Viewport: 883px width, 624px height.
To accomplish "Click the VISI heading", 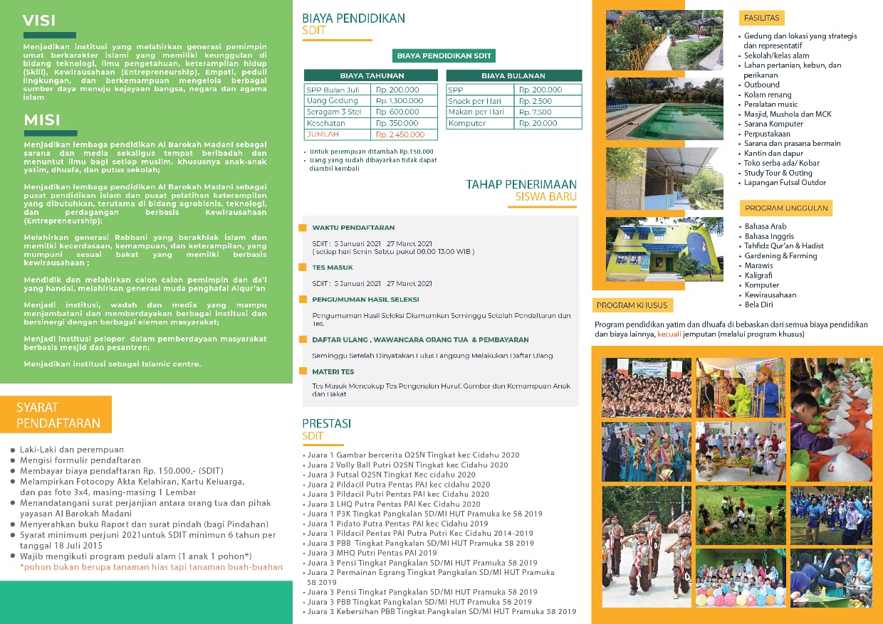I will tap(39, 20).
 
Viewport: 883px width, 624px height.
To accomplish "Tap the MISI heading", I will tap(42, 120).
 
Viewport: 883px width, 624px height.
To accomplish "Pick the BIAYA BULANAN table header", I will tap(513, 75).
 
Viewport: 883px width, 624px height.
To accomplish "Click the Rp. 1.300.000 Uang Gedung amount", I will tap(399, 101).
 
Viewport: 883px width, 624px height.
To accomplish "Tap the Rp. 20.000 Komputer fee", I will tap(540, 123).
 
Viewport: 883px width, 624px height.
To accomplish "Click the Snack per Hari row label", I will tap(475, 101).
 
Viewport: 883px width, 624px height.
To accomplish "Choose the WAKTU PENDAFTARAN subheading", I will tap(353, 228).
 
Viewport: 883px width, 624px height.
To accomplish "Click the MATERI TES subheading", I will tap(333, 371).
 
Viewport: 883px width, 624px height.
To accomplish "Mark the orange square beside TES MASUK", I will tap(303, 268).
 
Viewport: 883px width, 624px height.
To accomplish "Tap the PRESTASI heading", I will tap(326, 423).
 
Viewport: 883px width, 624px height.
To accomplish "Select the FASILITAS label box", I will tap(761, 18).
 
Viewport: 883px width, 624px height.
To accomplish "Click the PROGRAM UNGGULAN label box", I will tap(785, 208).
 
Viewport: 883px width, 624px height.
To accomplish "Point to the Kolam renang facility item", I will tap(768, 95).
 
